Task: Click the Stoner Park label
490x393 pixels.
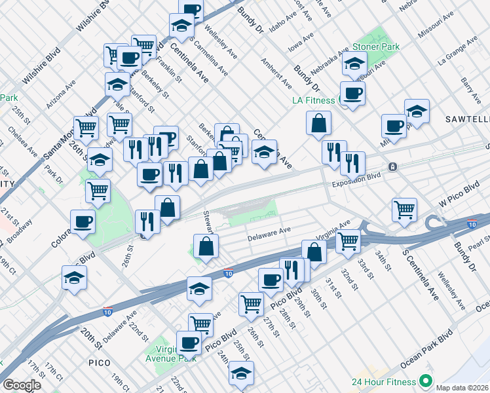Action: [x=376, y=47]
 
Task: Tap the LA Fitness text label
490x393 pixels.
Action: [x=313, y=101]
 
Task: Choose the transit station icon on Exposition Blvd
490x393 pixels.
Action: [x=392, y=166]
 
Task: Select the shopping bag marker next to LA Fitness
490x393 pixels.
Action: [x=318, y=122]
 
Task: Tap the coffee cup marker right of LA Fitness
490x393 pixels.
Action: [x=352, y=93]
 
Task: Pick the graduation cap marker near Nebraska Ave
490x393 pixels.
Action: [x=354, y=64]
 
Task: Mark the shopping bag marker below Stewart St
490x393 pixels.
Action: [x=206, y=246]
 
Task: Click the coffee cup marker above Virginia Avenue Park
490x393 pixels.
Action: [x=189, y=342]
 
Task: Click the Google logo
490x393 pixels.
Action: [x=22, y=385]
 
